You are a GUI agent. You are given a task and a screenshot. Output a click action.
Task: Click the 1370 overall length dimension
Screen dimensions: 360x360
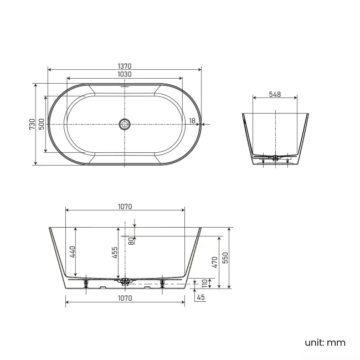point(124,66)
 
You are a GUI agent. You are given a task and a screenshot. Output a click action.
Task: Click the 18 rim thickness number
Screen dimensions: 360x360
point(192,121)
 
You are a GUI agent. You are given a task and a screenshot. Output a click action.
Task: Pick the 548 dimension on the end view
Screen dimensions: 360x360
point(275,94)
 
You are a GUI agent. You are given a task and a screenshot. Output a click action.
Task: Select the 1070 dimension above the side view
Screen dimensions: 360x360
point(125,207)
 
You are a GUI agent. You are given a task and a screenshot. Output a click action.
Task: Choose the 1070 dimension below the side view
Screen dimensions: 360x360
point(125,298)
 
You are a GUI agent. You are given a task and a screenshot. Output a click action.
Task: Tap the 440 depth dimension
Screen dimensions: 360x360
point(73,252)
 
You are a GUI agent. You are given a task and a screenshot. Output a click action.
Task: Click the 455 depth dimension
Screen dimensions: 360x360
point(114,253)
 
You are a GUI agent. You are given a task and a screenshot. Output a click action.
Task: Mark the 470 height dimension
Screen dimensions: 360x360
point(215,261)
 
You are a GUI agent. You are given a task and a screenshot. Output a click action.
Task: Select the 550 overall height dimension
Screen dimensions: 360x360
point(226,258)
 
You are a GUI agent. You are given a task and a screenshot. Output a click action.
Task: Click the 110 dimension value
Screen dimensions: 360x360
point(204,284)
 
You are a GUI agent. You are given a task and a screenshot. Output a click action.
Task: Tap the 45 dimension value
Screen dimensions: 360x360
point(201,298)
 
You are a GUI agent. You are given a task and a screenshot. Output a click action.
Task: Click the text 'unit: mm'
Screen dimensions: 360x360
point(325,342)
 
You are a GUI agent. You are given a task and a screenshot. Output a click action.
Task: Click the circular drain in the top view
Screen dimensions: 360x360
point(125,124)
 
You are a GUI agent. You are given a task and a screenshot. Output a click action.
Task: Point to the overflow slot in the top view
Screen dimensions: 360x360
point(125,87)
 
